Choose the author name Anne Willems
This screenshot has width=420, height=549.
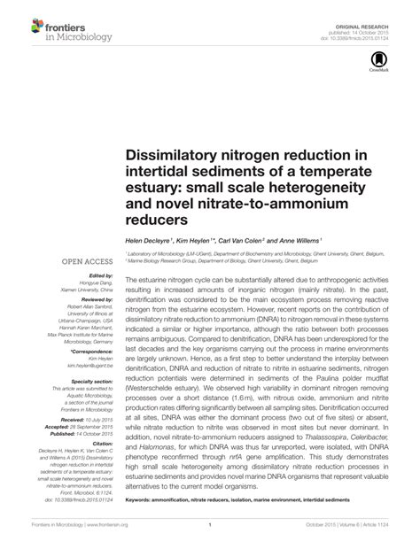(x=294, y=239)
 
